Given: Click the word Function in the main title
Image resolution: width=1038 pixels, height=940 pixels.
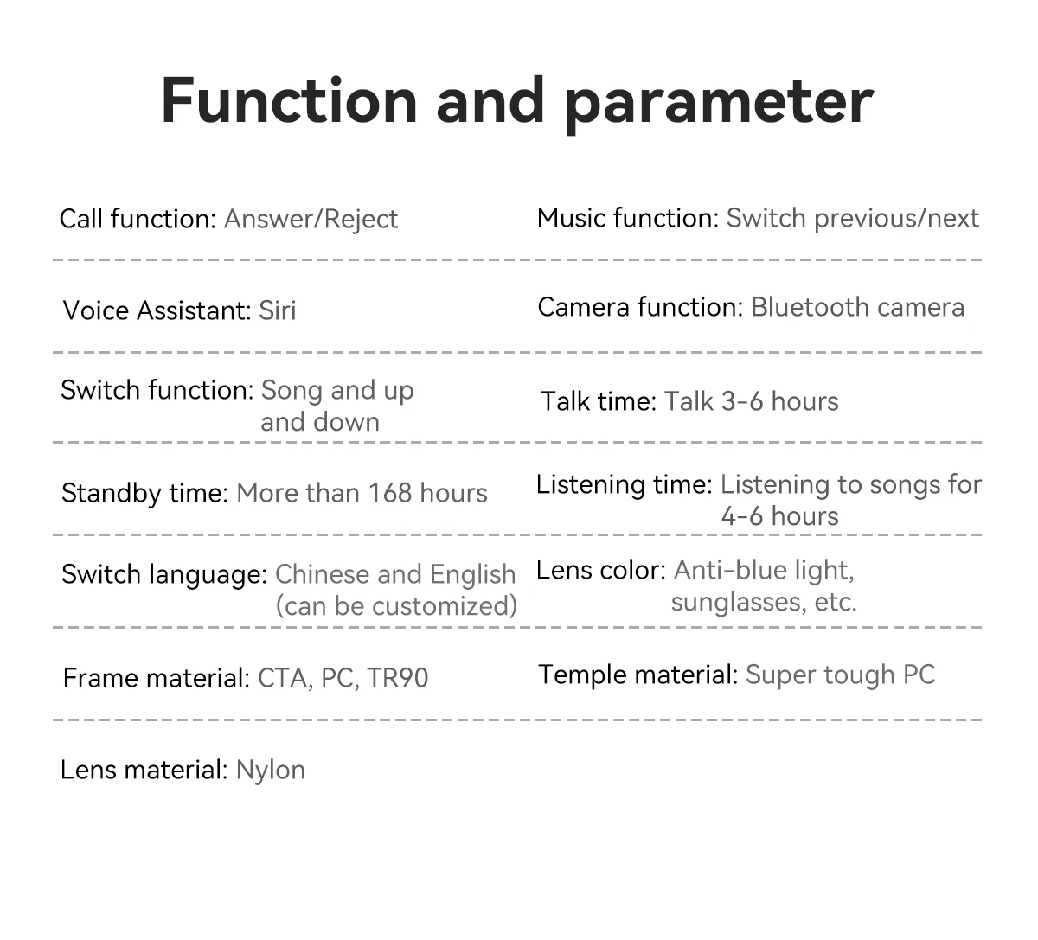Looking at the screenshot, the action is tap(289, 100).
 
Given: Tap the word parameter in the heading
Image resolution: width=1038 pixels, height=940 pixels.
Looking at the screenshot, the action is tap(720, 106).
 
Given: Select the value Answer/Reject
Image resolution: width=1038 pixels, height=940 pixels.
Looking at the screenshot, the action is tap(311, 220).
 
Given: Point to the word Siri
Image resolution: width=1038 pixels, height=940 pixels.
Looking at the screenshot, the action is tap(278, 310).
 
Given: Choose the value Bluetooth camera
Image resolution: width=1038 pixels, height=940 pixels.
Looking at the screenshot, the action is tap(858, 307).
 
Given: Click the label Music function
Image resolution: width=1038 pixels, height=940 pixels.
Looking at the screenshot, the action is tap(628, 218).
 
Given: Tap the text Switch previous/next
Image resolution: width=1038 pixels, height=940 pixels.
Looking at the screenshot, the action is tap(853, 218).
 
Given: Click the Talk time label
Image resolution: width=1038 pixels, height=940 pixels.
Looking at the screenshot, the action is tap(599, 401).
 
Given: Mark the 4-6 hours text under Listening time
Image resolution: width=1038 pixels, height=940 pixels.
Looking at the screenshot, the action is tap(779, 516).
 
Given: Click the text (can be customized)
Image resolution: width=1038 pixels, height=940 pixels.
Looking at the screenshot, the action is tap(396, 606).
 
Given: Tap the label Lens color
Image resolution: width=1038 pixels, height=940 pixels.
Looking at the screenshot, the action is tap(601, 571).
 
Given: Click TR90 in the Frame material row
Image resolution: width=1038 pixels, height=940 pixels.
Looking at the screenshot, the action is tap(398, 678).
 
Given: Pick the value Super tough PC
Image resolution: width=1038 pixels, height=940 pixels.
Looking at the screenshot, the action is tap(840, 675).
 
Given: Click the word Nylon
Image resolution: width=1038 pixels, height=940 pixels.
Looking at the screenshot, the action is tap(271, 771).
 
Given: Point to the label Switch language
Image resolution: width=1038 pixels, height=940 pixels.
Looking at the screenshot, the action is tap(164, 575).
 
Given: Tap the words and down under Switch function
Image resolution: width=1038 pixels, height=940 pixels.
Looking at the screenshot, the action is tap(320, 422).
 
